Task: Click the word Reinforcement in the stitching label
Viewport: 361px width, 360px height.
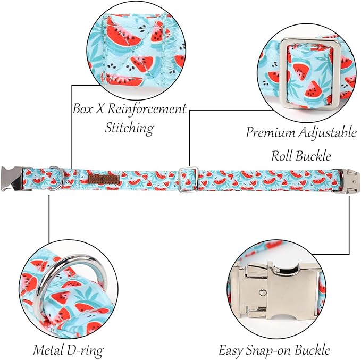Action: [x=147, y=108]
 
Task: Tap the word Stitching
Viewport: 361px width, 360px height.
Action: [x=130, y=128]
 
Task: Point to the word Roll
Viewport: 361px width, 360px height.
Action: [x=282, y=156]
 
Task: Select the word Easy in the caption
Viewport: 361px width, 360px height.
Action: [x=231, y=350]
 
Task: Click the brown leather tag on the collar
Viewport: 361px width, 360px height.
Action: [x=104, y=179]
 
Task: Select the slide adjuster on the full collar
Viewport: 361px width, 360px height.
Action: [x=188, y=180]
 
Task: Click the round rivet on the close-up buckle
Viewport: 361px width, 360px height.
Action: [x=263, y=292]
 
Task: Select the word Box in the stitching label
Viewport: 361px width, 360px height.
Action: [x=82, y=108]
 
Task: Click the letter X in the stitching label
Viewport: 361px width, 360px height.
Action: [x=100, y=108]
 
